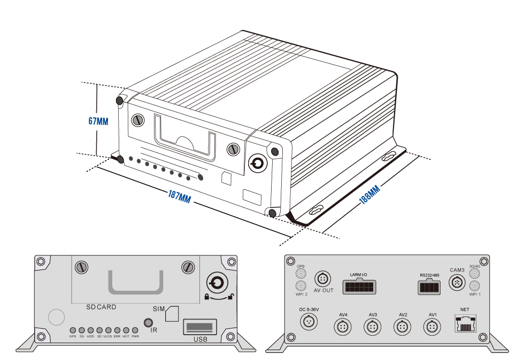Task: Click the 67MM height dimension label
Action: pos(98,121)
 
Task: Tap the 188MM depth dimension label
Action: pos(369,195)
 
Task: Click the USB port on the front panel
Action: pos(199,326)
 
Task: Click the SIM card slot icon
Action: pos(172,314)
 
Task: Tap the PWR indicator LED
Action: pos(135,330)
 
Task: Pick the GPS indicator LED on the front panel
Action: pos(73,330)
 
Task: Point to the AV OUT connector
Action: pos(323,278)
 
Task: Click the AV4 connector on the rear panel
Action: pos(343,327)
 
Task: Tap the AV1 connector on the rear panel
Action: pos(433,327)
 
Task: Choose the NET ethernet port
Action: pos(464,323)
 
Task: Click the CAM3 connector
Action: pos(457,282)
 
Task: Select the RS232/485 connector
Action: pos(429,286)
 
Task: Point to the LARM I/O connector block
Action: pos(358,287)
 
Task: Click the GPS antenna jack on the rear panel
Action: pos(300,274)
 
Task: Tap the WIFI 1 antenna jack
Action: pos(474,286)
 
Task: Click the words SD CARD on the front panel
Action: pos(101,307)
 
